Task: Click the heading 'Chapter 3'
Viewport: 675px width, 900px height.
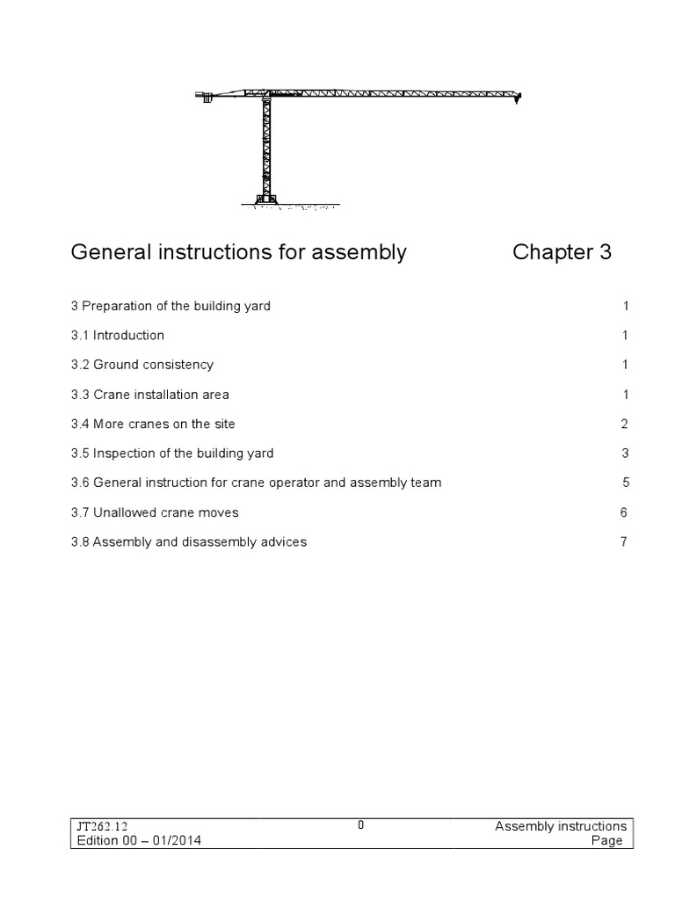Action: point(562,253)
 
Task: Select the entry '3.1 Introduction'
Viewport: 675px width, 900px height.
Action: point(118,335)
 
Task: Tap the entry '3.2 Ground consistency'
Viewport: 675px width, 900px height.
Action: point(142,365)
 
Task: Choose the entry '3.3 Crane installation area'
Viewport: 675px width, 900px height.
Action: point(150,395)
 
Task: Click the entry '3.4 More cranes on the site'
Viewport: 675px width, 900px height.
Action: point(153,424)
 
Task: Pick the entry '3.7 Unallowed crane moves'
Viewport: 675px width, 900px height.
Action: point(155,512)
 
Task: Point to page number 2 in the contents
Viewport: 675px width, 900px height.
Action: point(624,424)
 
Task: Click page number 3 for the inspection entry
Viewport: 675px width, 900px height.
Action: point(624,454)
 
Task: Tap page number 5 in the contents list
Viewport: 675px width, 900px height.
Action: point(624,483)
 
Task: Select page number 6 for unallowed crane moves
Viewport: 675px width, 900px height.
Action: point(624,512)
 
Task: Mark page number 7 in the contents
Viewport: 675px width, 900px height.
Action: point(624,541)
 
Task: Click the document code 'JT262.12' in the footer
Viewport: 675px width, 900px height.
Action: point(103,826)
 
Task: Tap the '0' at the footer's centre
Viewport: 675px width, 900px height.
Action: point(361,824)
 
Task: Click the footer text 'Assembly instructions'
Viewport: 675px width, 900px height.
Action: point(561,826)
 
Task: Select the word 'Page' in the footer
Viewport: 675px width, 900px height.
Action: point(608,840)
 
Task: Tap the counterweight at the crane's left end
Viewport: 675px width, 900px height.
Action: point(207,98)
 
